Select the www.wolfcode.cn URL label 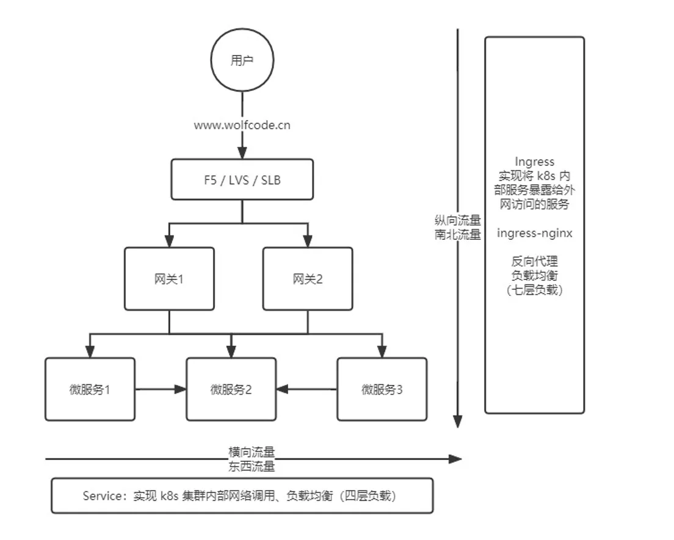click(242, 126)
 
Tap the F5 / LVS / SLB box click(242, 179)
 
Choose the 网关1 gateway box click(169, 279)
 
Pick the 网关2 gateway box click(307, 279)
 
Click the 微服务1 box click(90, 389)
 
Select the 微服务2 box click(231, 389)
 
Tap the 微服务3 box click(382, 389)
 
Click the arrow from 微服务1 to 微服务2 click(160, 389)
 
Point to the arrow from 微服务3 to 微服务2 click(306, 389)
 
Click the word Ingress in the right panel click(534, 162)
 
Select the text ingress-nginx click(534, 232)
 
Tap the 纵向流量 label click(457, 222)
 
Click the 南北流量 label click(457, 235)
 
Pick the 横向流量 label click(252, 452)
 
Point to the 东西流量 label click(252, 467)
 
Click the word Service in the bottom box click(103, 496)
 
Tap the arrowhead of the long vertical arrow click(457, 422)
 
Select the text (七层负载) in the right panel click(534, 290)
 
